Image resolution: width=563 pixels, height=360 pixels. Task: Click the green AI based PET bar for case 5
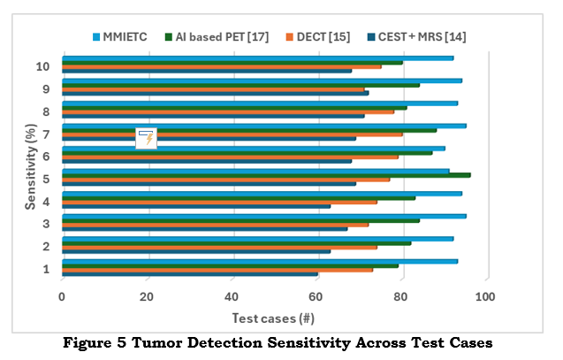(x=265, y=175)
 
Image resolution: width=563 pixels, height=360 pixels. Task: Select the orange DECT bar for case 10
(x=221, y=66)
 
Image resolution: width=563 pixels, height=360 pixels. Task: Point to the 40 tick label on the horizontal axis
(x=232, y=297)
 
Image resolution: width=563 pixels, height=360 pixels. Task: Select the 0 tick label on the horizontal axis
(x=62, y=297)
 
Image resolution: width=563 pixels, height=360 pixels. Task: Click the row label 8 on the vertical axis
(x=45, y=111)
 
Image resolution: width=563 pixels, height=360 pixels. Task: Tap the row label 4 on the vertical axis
(x=45, y=201)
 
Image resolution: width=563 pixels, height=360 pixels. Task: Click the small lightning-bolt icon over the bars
(x=147, y=137)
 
